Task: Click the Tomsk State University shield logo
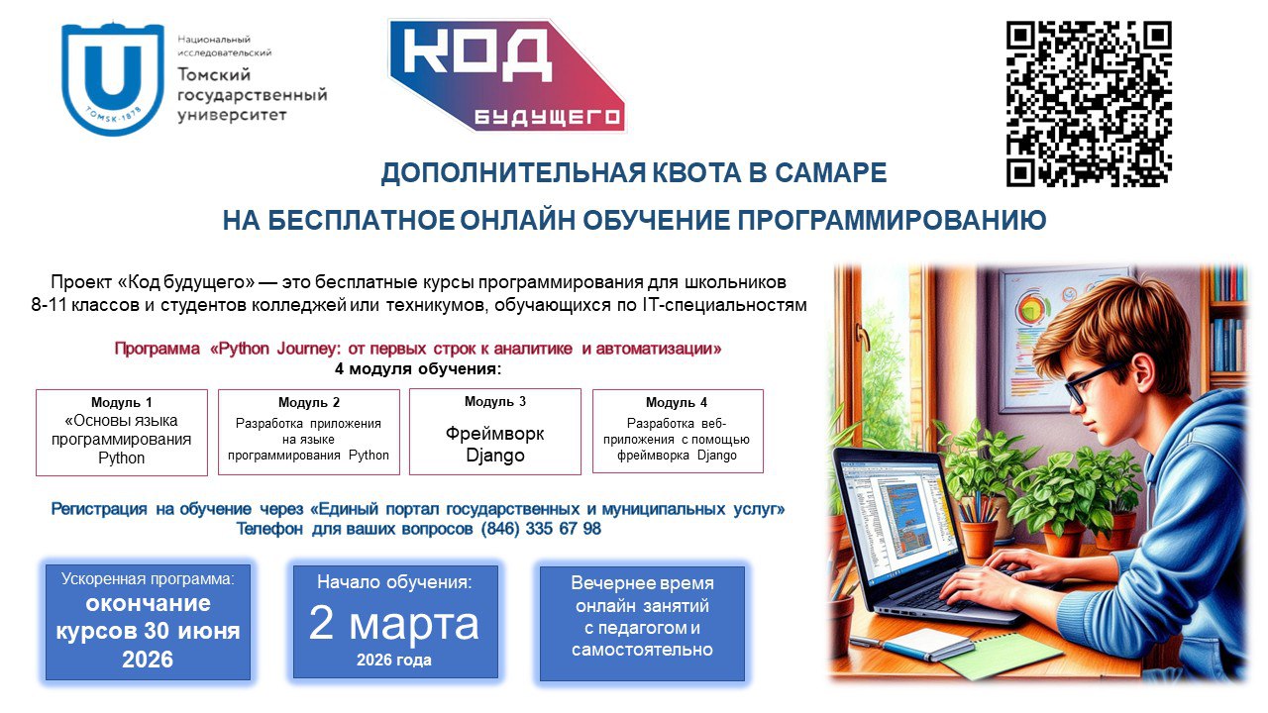click(x=113, y=78)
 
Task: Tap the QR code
click(x=1089, y=104)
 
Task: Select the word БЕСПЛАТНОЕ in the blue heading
click(x=361, y=220)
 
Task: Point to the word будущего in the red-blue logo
click(x=547, y=117)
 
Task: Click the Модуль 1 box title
click(x=122, y=402)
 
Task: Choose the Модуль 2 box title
click(x=309, y=402)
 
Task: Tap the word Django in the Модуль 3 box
click(x=495, y=456)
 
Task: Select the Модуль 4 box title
click(x=677, y=402)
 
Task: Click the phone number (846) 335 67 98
click(x=541, y=529)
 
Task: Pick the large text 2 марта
click(x=394, y=624)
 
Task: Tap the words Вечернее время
click(x=643, y=583)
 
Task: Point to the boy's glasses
click(x=1096, y=382)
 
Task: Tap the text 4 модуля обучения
click(x=418, y=369)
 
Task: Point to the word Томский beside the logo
click(x=214, y=74)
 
